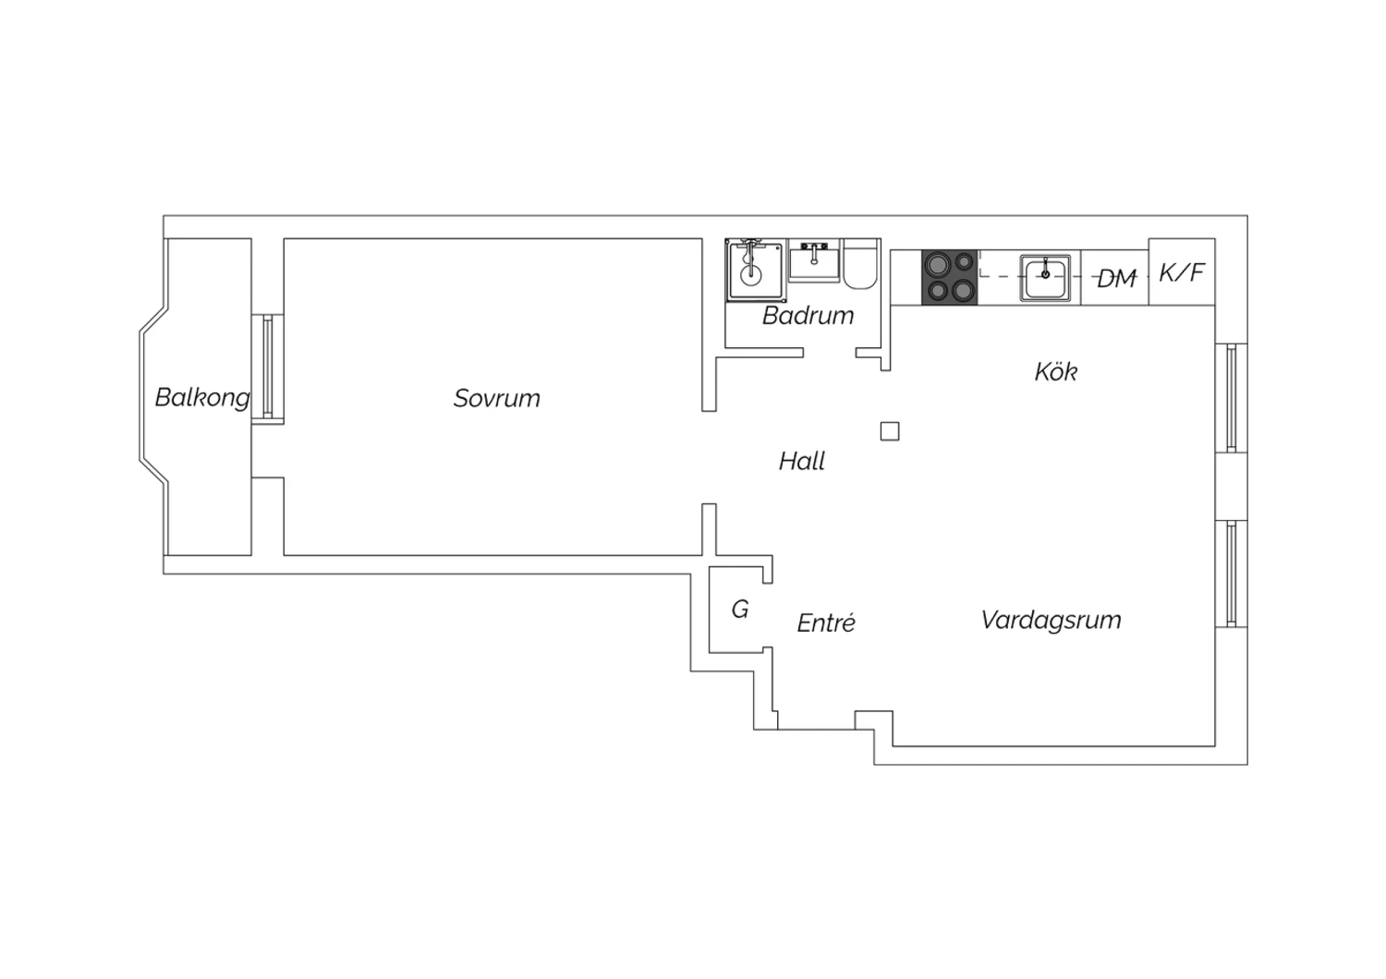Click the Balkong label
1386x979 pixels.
(x=202, y=398)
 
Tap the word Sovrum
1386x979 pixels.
(x=497, y=398)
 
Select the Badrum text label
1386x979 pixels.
(x=808, y=316)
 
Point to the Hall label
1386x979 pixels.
(x=802, y=462)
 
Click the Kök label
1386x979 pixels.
(x=1056, y=371)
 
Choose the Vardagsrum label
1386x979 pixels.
(x=1052, y=621)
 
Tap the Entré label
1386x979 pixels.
(x=826, y=622)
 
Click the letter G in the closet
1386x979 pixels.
(x=740, y=610)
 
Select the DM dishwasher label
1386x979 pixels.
(x=1117, y=279)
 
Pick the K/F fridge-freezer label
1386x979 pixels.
(x=1182, y=272)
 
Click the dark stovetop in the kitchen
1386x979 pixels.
(x=950, y=277)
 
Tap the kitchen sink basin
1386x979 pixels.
(x=1045, y=278)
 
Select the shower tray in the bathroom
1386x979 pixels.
(x=755, y=271)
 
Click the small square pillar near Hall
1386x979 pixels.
(x=890, y=431)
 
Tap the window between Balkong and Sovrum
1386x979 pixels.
(x=268, y=369)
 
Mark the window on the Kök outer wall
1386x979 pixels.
(x=1232, y=398)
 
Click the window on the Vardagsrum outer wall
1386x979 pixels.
(x=1232, y=574)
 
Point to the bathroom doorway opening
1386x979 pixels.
(x=830, y=353)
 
